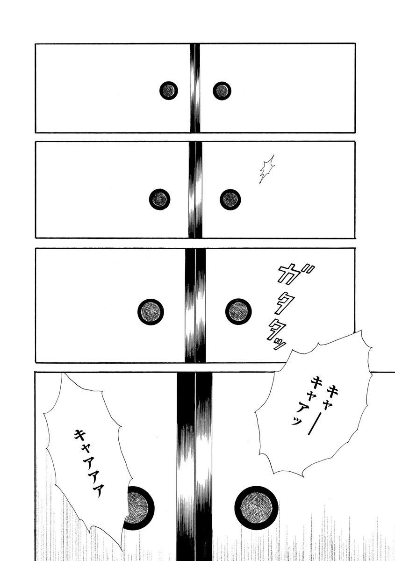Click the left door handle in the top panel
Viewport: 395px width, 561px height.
coord(169,90)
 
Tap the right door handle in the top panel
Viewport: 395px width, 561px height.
coord(222,90)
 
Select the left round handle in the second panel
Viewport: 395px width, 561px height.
coord(159,200)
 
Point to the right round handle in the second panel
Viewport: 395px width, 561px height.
coord(230,200)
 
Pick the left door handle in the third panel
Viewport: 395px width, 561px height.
coord(151,312)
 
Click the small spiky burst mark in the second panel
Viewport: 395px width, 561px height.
coord(267,169)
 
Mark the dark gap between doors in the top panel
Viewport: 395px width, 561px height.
coord(194,88)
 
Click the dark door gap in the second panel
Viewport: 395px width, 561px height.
coord(195,190)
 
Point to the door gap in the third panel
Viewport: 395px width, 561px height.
coord(195,305)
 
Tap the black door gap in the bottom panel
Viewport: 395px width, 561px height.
coord(195,467)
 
